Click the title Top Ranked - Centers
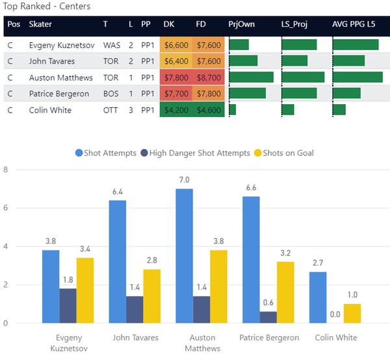47,7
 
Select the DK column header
168,24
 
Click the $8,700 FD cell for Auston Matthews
209,77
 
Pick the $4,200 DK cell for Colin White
175,110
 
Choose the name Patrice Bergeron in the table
59,94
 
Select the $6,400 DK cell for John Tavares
175,61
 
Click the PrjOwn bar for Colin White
232,110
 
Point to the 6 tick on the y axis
5,208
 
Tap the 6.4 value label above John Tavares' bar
117,192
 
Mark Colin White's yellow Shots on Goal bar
351,313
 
